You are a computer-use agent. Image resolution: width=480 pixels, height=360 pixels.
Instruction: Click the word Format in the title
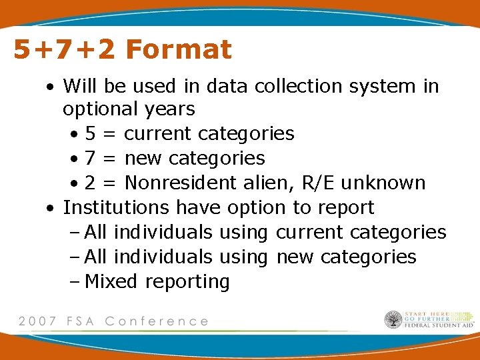(178, 49)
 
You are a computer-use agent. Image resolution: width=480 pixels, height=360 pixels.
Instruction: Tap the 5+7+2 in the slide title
(64, 50)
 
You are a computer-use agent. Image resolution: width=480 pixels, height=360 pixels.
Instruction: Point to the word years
(172, 109)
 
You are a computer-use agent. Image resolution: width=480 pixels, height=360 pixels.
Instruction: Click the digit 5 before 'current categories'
(91, 134)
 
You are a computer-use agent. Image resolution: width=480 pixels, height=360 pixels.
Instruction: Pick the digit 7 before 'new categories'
(91, 159)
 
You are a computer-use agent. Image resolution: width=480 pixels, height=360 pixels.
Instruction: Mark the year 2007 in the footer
(39, 321)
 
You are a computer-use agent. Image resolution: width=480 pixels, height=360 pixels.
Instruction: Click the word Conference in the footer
(157, 321)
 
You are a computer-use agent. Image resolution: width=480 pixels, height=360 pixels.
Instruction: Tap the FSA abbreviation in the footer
(81, 321)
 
